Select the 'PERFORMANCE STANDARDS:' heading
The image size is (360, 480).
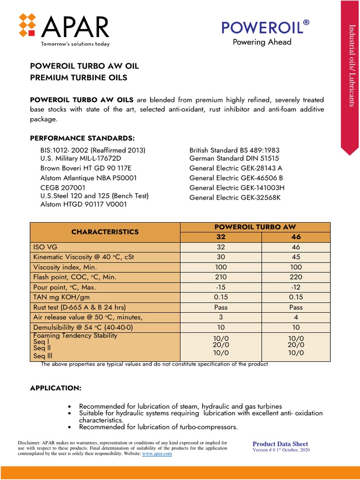pyautogui.click(x=82, y=138)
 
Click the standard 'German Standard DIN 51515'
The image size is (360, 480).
pyautogui.click(x=234, y=159)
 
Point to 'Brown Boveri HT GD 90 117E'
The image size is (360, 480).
pyautogui.click(x=85, y=168)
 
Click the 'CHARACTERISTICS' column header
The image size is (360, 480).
pyautogui.click(x=105, y=232)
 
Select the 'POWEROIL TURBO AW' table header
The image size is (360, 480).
pyautogui.click(x=255, y=227)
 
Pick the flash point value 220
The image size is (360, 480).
pyautogui.click(x=296, y=277)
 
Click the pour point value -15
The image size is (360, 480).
pyautogui.click(x=221, y=287)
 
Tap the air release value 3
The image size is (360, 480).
pyautogui.click(x=221, y=317)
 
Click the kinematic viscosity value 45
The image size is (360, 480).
pyautogui.click(x=296, y=257)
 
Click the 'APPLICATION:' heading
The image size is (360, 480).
pyautogui.click(x=56, y=389)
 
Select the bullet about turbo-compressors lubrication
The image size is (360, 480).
pyautogui.click(x=158, y=427)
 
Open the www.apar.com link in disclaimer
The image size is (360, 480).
pyautogui.click(x=157, y=454)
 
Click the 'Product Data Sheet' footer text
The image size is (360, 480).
pyautogui.click(x=280, y=444)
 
